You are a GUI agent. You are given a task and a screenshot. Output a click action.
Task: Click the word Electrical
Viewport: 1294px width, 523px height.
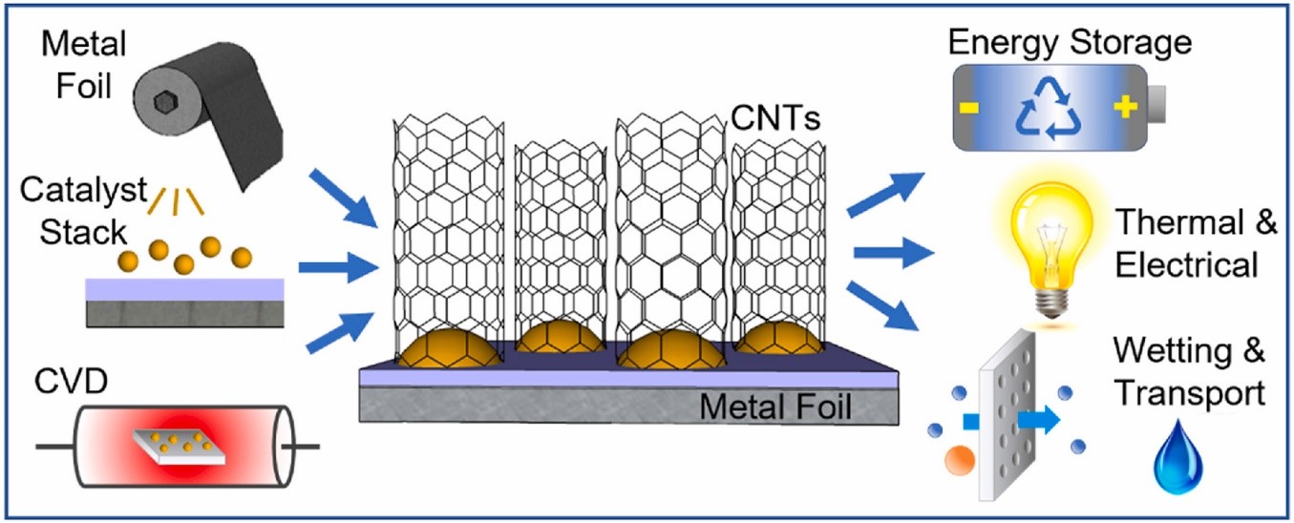pos(1186,264)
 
